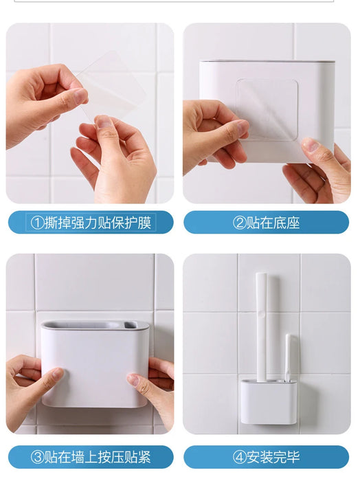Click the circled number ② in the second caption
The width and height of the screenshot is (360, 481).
click(x=240, y=223)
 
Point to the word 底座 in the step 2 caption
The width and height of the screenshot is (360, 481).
click(x=289, y=223)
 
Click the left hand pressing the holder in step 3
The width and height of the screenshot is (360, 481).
click(x=31, y=381)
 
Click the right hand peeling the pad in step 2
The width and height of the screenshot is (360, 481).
click(x=319, y=168)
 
